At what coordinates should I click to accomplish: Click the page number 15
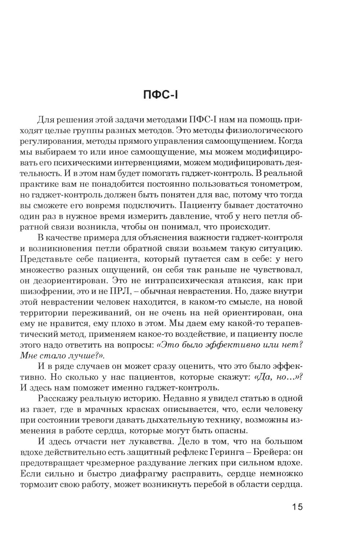click(x=297, y=506)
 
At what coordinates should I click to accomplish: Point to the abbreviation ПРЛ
click(x=165, y=290)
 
